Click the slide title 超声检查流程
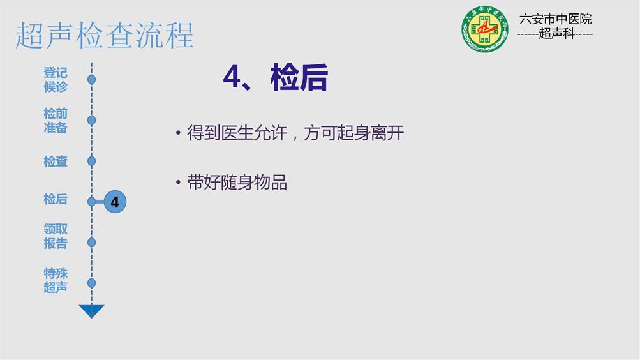pyautogui.click(x=104, y=36)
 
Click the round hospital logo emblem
pyautogui.click(x=485, y=29)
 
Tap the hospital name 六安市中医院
pyautogui.click(x=555, y=19)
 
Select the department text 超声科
pyautogui.click(x=556, y=33)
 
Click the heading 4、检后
pyautogui.click(x=276, y=77)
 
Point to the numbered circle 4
pyautogui.click(x=115, y=202)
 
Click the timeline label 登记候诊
pyautogui.click(x=56, y=80)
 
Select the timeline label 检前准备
pyautogui.click(x=56, y=121)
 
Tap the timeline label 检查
pyautogui.click(x=56, y=161)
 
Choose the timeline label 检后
pyautogui.click(x=56, y=199)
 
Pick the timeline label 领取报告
pyautogui.click(x=56, y=236)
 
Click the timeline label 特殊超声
pyautogui.click(x=56, y=280)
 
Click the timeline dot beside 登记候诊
pyautogui.click(x=91, y=80)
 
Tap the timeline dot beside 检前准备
pyautogui.click(x=91, y=121)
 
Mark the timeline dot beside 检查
pyautogui.click(x=91, y=161)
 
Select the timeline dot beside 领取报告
pyautogui.click(x=91, y=243)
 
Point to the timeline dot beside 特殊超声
pyautogui.click(x=91, y=283)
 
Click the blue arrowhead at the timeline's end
pyautogui.click(x=91, y=311)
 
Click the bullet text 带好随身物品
pyautogui.click(x=237, y=183)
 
